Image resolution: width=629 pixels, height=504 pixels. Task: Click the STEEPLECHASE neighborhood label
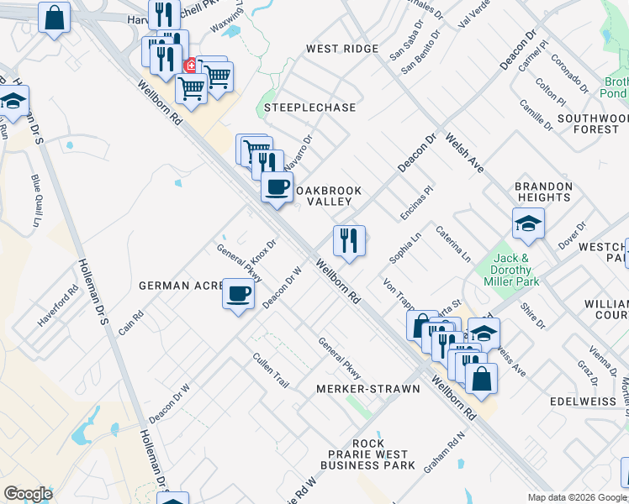(x=309, y=108)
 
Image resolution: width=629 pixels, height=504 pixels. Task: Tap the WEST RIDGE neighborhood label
(x=342, y=49)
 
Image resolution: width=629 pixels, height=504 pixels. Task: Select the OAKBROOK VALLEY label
(x=329, y=196)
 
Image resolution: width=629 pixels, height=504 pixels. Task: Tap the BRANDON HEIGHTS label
(x=544, y=192)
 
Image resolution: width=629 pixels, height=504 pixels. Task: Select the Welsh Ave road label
(x=464, y=152)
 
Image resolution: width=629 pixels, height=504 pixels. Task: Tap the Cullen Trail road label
(x=271, y=370)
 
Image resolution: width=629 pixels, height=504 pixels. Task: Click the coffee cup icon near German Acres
(x=239, y=295)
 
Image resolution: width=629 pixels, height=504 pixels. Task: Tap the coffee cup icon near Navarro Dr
(x=277, y=187)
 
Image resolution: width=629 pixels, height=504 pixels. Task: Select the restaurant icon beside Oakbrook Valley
(x=349, y=241)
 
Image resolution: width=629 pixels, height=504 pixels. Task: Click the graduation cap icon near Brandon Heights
(x=528, y=223)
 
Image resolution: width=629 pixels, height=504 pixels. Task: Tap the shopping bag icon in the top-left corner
(x=54, y=18)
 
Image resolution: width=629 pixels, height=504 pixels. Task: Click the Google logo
(x=28, y=493)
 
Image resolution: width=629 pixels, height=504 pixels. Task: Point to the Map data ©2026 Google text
(x=576, y=497)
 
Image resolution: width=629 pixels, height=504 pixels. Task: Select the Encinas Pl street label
(x=416, y=202)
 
